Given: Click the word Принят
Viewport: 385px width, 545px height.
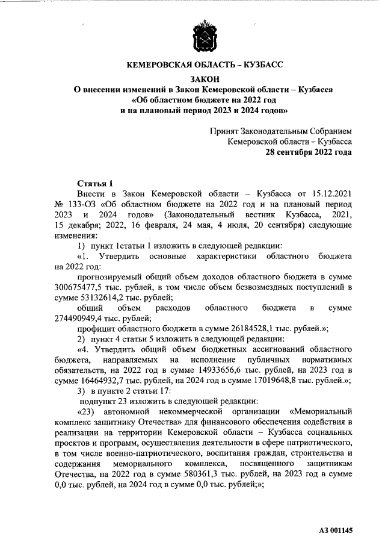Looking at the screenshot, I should click(x=224, y=131).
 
